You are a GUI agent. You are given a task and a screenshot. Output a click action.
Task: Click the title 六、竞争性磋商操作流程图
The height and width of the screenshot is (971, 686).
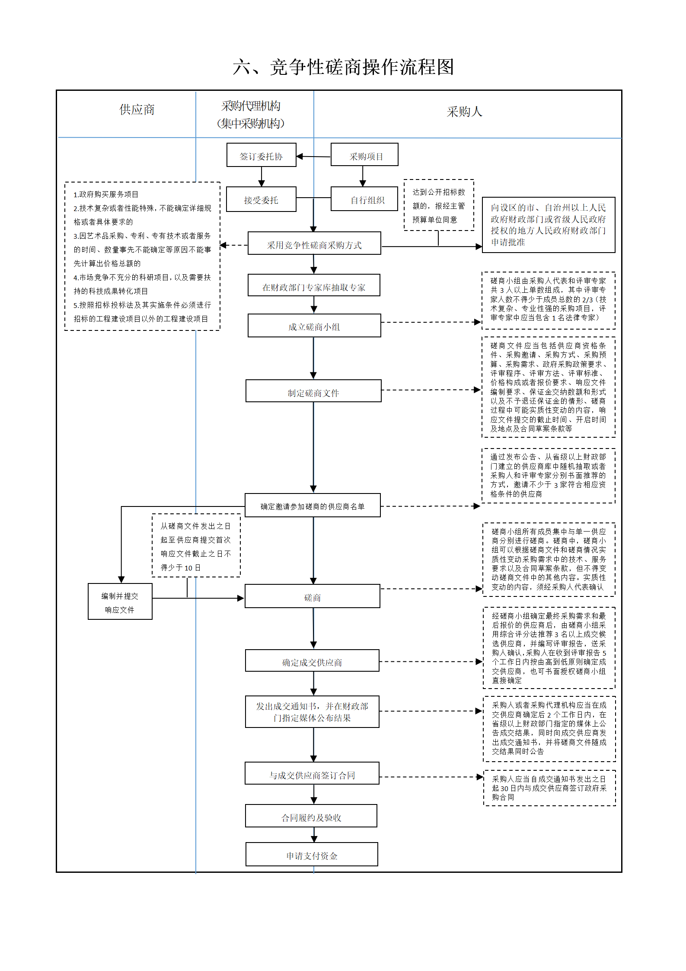[343, 67]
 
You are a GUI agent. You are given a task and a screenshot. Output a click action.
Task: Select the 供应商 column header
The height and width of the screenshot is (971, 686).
[137, 110]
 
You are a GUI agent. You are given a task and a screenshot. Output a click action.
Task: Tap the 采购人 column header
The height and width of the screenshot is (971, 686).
[464, 112]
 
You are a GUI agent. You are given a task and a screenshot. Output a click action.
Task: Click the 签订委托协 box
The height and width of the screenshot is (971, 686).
[262, 155]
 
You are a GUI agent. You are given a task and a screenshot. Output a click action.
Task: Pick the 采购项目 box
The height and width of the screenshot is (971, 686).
[364, 154]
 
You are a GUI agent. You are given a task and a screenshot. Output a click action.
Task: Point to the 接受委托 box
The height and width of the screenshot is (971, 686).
[261, 199]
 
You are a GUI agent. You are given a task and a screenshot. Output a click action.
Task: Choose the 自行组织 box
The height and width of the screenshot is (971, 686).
[364, 199]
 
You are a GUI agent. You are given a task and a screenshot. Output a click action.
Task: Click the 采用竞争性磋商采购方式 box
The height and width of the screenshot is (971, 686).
[314, 243]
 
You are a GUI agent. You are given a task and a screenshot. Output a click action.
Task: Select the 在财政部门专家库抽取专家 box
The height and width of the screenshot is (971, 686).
[314, 285]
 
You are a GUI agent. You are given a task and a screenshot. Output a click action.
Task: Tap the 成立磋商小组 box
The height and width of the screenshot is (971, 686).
[314, 325]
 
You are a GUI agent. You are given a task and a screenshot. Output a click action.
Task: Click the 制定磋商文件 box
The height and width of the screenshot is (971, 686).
[313, 391]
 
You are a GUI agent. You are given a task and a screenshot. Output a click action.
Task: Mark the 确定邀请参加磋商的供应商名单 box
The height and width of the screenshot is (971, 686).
[313, 505]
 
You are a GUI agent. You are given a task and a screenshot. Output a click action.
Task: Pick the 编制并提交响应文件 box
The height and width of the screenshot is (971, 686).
[120, 601]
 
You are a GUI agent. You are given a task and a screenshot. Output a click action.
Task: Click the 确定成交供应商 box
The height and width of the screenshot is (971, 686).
[312, 660]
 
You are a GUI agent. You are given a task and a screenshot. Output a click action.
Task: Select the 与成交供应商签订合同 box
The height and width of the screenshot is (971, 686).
[312, 773]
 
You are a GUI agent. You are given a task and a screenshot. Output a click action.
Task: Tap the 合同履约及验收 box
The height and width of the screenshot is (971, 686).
[311, 816]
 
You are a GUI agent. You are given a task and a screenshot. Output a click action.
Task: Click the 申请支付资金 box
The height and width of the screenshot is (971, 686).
[312, 854]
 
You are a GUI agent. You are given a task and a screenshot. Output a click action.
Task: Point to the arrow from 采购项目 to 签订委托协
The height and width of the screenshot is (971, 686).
[313, 157]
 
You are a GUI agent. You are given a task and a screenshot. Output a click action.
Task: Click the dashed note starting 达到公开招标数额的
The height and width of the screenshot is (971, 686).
[439, 205]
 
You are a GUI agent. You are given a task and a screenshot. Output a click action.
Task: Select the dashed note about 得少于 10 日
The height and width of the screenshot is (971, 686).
[196, 545]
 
